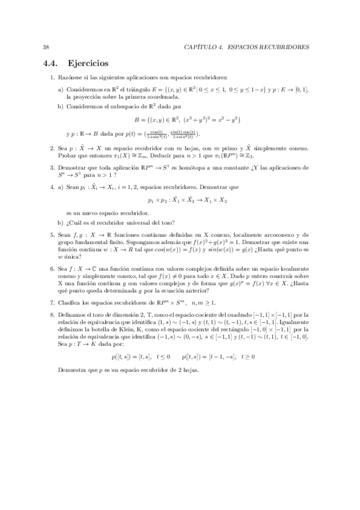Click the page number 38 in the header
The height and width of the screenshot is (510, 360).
(x=46, y=46)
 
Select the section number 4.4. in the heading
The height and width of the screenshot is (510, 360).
(x=50, y=63)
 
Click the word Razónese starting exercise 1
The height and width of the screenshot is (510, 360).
(x=68, y=78)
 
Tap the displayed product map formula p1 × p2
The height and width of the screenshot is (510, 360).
(x=179, y=200)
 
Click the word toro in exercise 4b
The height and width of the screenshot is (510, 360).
(x=159, y=224)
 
